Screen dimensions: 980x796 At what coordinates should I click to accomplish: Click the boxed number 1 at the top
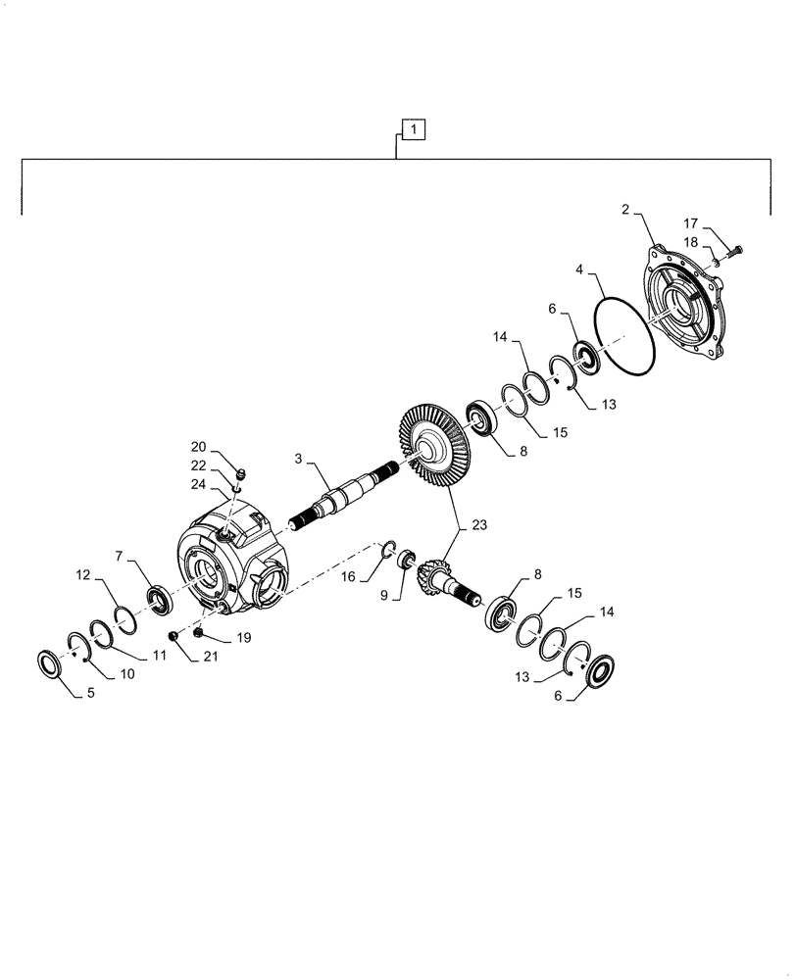point(414,129)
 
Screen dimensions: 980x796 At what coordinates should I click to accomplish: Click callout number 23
point(476,525)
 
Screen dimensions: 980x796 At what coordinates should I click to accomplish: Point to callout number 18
point(690,240)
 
